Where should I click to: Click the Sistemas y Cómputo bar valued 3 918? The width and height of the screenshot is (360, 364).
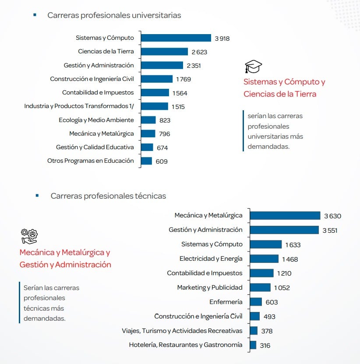click(176, 38)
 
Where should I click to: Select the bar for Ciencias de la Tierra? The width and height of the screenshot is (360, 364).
click(164, 52)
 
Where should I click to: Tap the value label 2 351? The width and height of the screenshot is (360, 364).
click(194, 66)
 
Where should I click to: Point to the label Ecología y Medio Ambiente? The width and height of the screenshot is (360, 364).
click(96, 120)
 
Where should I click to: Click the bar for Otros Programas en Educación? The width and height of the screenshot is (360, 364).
click(146, 161)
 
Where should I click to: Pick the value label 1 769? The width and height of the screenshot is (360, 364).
click(184, 79)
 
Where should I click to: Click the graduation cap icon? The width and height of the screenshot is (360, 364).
click(253, 67)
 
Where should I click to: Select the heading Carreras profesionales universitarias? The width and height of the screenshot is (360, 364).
click(114, 15)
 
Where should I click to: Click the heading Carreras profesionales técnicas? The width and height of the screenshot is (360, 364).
click(108, 196)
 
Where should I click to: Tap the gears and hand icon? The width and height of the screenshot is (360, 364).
click(29, 236)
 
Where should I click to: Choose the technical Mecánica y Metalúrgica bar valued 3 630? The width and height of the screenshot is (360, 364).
click(285, 216)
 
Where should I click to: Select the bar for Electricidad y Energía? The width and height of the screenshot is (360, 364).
click(264, 259)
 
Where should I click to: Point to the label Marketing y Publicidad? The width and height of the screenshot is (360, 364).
click(209, 287)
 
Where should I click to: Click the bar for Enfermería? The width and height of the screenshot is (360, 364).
click(255, 302)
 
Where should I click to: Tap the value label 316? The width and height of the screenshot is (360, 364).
click(265, 345)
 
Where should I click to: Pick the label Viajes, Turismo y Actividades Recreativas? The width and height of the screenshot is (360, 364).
click(182, 331)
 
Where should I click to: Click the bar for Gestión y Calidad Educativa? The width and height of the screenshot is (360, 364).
click(147, 147)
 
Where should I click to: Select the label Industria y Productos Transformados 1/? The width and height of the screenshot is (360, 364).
click(79, 106)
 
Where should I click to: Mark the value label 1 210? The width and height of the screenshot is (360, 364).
click(284, 273)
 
